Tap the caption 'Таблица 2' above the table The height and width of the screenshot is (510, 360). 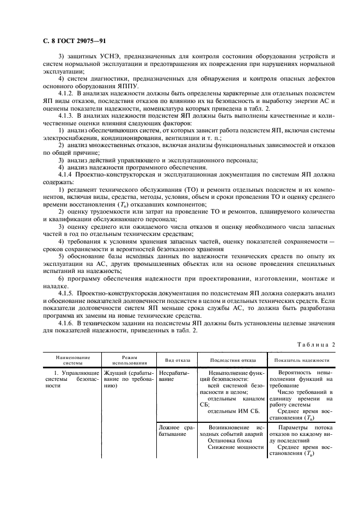tap(318, 344)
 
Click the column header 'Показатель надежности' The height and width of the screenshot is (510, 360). tap(302, 360)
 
